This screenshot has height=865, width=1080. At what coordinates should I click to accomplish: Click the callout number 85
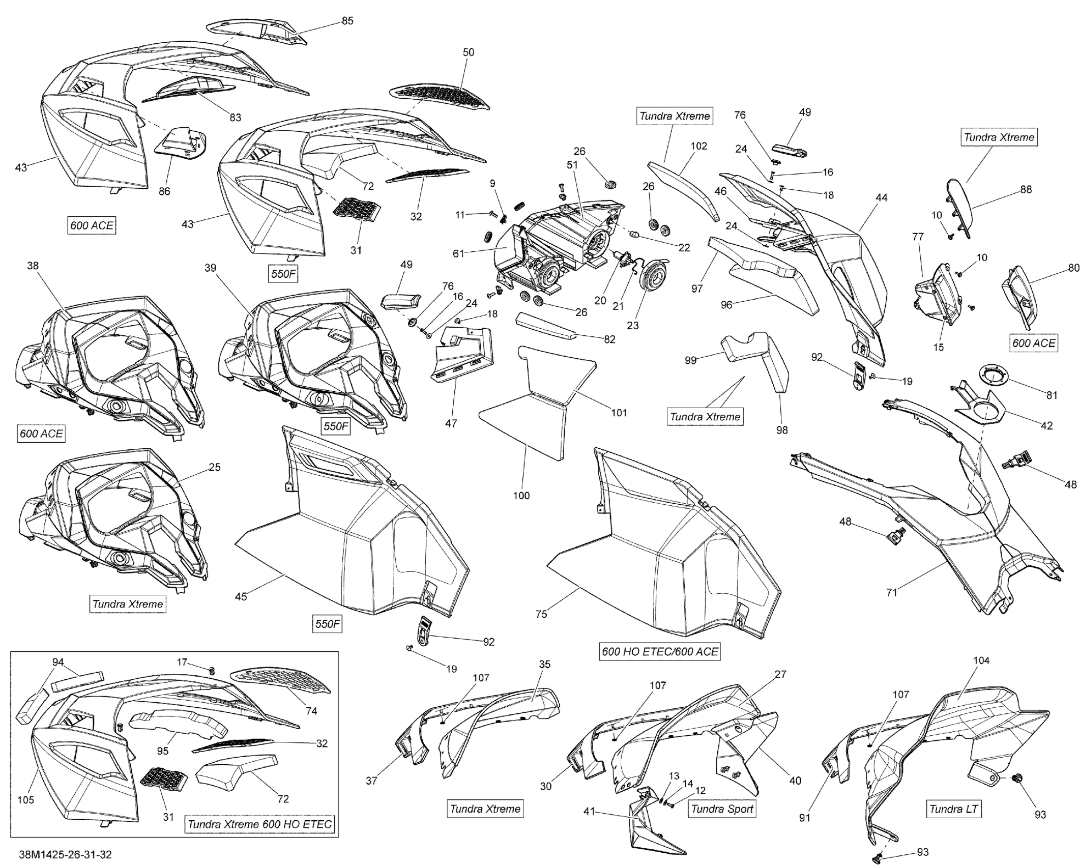pos(347,21)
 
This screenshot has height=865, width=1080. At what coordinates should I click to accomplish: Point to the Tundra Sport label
pos(722,809)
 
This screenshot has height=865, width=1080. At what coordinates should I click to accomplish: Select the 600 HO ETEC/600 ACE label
pos(660,652)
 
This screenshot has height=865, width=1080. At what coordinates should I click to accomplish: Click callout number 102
pos(698,146)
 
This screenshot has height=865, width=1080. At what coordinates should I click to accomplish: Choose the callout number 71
pos(891,592)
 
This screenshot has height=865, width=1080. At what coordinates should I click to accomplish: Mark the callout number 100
pos(521,495)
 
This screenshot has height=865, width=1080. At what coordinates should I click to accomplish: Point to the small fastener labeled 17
pos(212,670)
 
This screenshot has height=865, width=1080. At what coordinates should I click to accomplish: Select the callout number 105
pos(26,800)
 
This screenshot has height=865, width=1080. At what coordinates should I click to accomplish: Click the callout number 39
pos(210,268)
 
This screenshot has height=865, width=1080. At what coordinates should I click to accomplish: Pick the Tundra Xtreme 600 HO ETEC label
pos(260,824)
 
